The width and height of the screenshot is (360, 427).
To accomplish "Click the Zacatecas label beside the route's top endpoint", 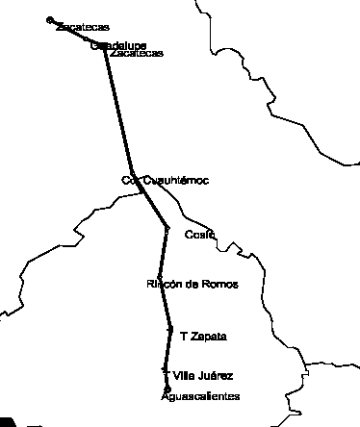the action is click(x=82, y=28).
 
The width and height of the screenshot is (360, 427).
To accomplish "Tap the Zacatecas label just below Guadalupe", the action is click(x=137, y=53).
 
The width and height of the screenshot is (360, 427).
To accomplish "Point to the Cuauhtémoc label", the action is click(x=174, y=180).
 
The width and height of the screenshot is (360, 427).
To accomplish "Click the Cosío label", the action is click(x=198, y=234).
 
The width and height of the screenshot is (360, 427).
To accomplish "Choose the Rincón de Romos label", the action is click(x=192, y=285).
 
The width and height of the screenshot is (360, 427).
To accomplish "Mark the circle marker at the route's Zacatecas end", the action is click(x=50, y=19).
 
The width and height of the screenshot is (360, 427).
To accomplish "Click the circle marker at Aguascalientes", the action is click(x=167, y=389).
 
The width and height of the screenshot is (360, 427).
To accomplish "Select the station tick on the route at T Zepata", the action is click(x=170, y=331).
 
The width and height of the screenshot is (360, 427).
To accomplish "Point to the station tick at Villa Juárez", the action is click(x=166, y=370).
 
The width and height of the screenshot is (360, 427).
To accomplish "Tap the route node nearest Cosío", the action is click(x=167, y=229).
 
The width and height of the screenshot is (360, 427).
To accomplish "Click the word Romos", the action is click(x=220, y=285).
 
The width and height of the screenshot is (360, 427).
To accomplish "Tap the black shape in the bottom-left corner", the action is click(x=7, y=421).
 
